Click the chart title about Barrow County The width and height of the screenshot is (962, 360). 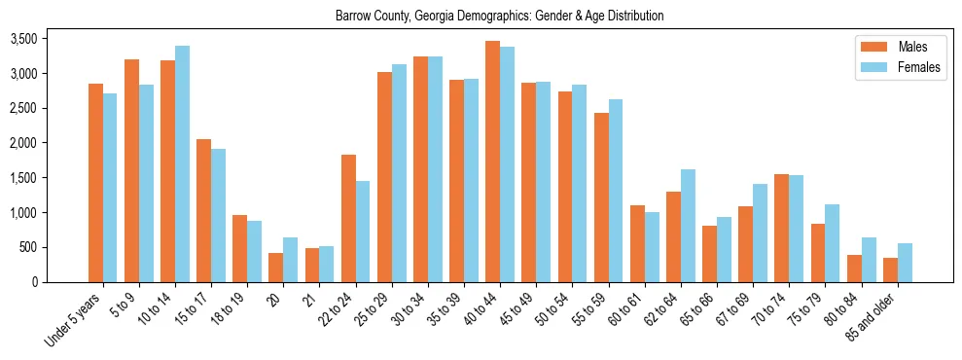tap(499, 17)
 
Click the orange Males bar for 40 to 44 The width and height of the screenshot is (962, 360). tap(492, 162)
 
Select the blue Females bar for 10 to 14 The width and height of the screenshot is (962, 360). tap(182, 163)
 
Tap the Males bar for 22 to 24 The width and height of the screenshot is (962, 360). tap(348, 218)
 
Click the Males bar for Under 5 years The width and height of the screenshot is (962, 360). tap(95, 183)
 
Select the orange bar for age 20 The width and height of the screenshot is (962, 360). tap(276, 268)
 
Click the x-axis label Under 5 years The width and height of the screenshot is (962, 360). tap(73, 321)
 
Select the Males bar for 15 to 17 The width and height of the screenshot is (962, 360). tap(203, 210)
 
